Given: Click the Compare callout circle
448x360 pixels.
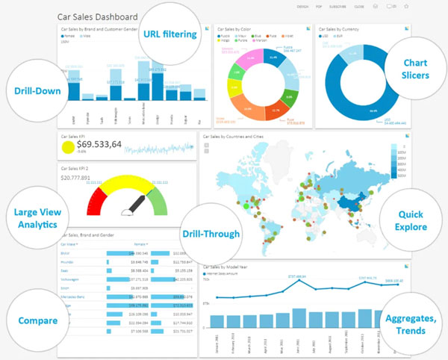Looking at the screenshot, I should point(34,320).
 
